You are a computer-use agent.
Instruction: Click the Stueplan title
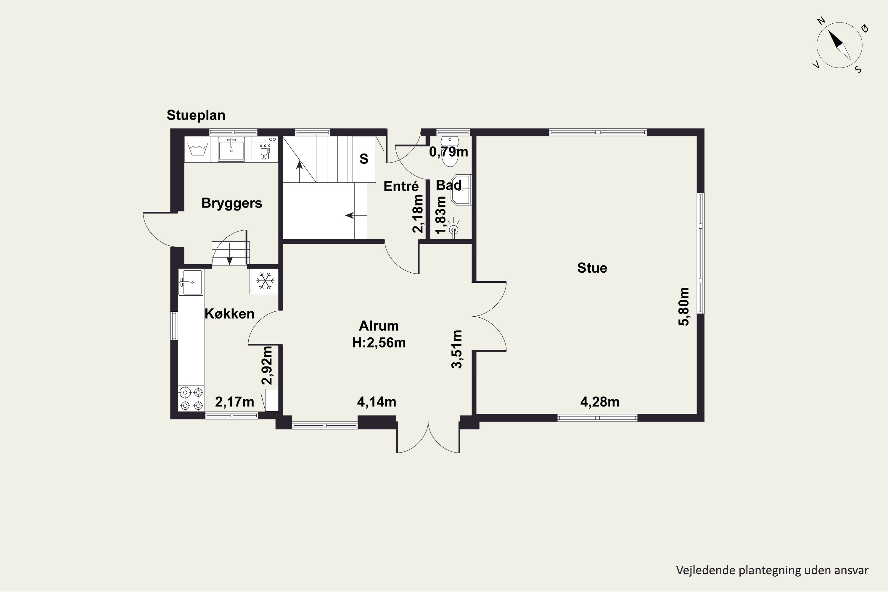pyautogui.click(x=196, y=115)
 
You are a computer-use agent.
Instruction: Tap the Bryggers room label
pyautogui.click(x=232, y=203)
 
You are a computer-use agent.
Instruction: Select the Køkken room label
pyautogui.click(x=230, y=313)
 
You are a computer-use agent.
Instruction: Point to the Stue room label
pyautogui.click(x=592, y=268)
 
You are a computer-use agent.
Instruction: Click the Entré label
pyautogui.click(x=401, y=186)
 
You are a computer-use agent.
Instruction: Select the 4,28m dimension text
pyautogui.click(x=600, y=402)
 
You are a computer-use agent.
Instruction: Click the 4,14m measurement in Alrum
pyautogui.click(x=377, y=402)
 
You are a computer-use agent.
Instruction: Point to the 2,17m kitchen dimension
pyautogui.click(x=234, y=402)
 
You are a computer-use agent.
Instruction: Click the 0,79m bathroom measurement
pyautogui.click(x=448, y=152)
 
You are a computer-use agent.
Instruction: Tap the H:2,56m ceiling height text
pyautogui.click(x=379, y=342)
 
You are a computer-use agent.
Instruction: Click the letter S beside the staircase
pyautogui.click(x=364, y=159)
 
